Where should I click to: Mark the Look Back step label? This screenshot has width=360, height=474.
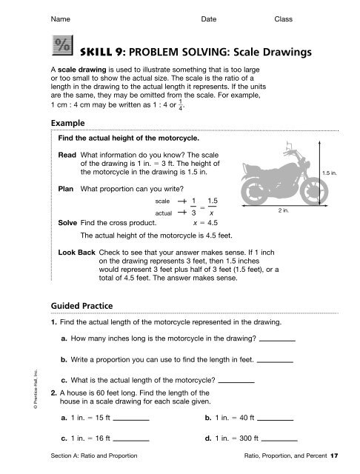pos(76,253)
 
